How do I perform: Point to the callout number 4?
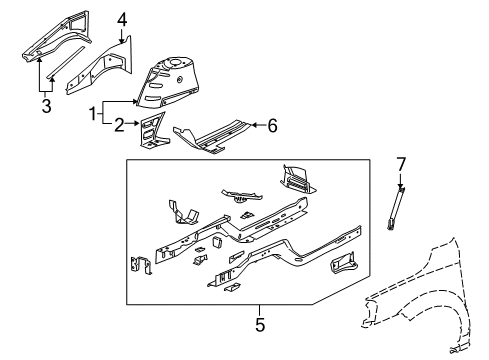[121, 18]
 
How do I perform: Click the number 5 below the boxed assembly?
[259, 323]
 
